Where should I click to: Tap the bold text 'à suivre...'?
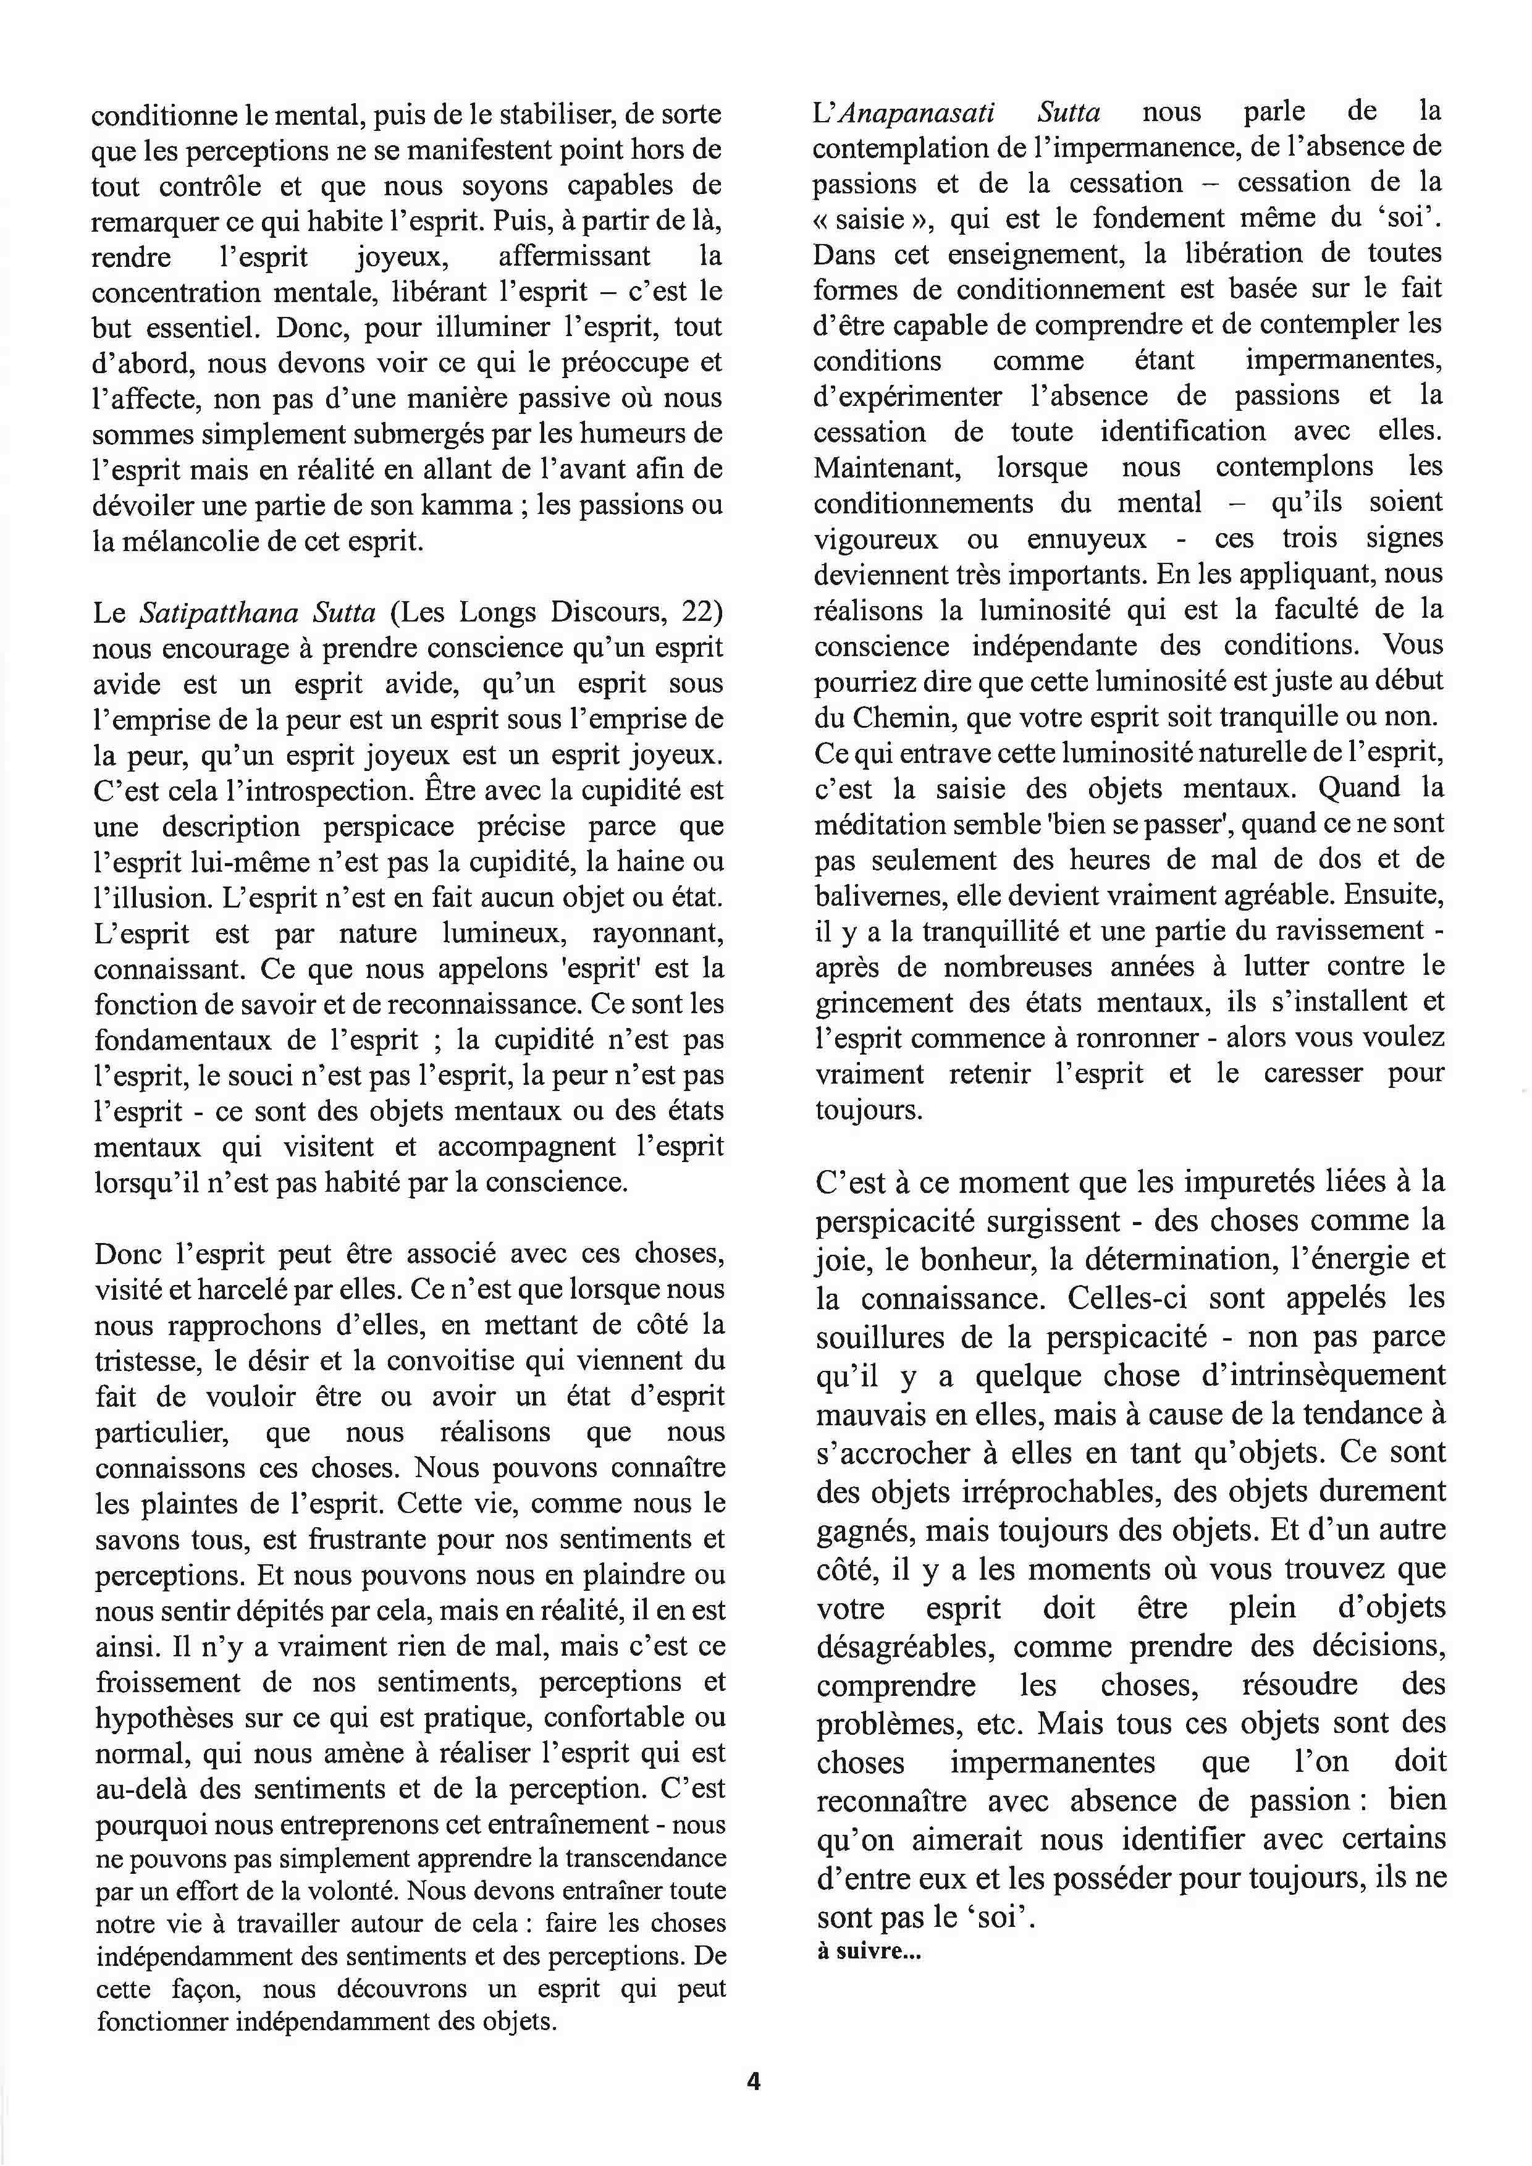tap(869, 1952)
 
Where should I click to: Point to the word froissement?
tap(169, 1682)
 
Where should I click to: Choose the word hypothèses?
tap(162, 1718)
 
